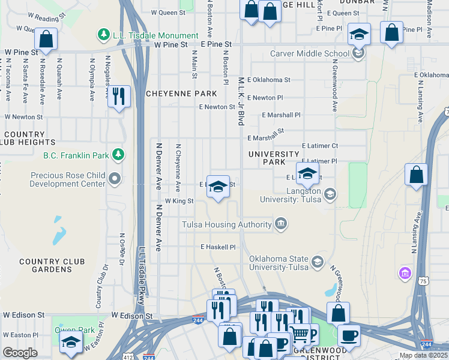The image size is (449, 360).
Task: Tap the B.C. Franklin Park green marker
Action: click(x=119, y=155)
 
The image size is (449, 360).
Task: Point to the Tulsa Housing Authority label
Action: click(x=227, y=225)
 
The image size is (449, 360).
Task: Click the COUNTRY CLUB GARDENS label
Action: click(x=53, y=266)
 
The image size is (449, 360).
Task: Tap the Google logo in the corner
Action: click(x=20, y=353)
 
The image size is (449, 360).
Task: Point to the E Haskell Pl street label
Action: click(x=218, y=247)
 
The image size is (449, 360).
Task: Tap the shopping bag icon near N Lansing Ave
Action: click(x=417, y=175)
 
